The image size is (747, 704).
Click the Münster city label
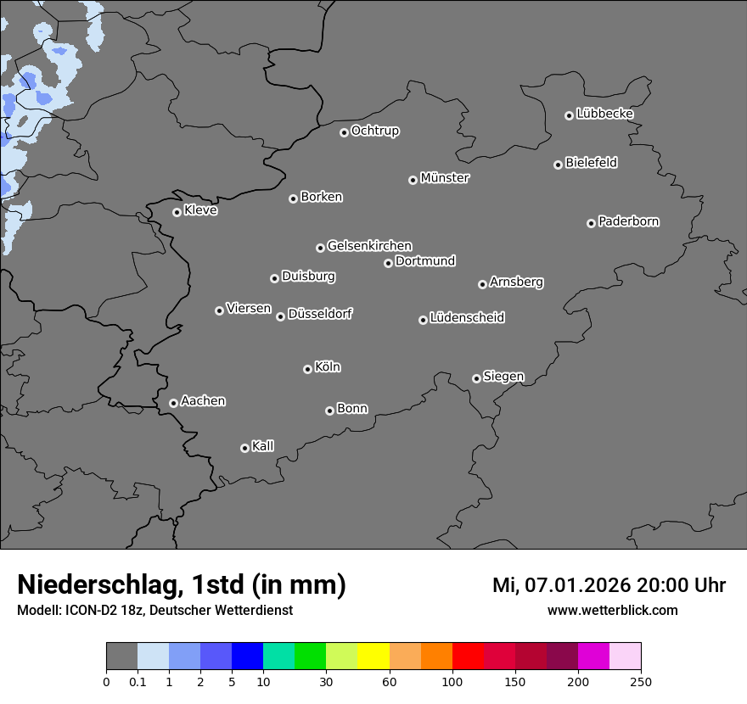pos(445,178)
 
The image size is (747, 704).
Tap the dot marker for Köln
pos(307,369)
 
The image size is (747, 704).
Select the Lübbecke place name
pos(604,114)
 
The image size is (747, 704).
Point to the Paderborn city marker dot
pos(591,223)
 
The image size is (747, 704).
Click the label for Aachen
pos(203,401)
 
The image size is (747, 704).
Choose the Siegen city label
pos(503,377)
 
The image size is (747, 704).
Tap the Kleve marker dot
pos(177,212)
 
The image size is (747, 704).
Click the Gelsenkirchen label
pos(369,246)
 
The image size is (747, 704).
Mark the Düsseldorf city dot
pos(280,316)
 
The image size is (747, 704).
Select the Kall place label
pos(263,446)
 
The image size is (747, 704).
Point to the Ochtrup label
pos(375,131)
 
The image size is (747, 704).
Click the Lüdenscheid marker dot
pos(423,320)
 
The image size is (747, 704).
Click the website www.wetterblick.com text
pos(612,610)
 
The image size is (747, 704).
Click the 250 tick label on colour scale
pos(641,681)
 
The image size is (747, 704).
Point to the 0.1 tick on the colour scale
pos(138,681)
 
